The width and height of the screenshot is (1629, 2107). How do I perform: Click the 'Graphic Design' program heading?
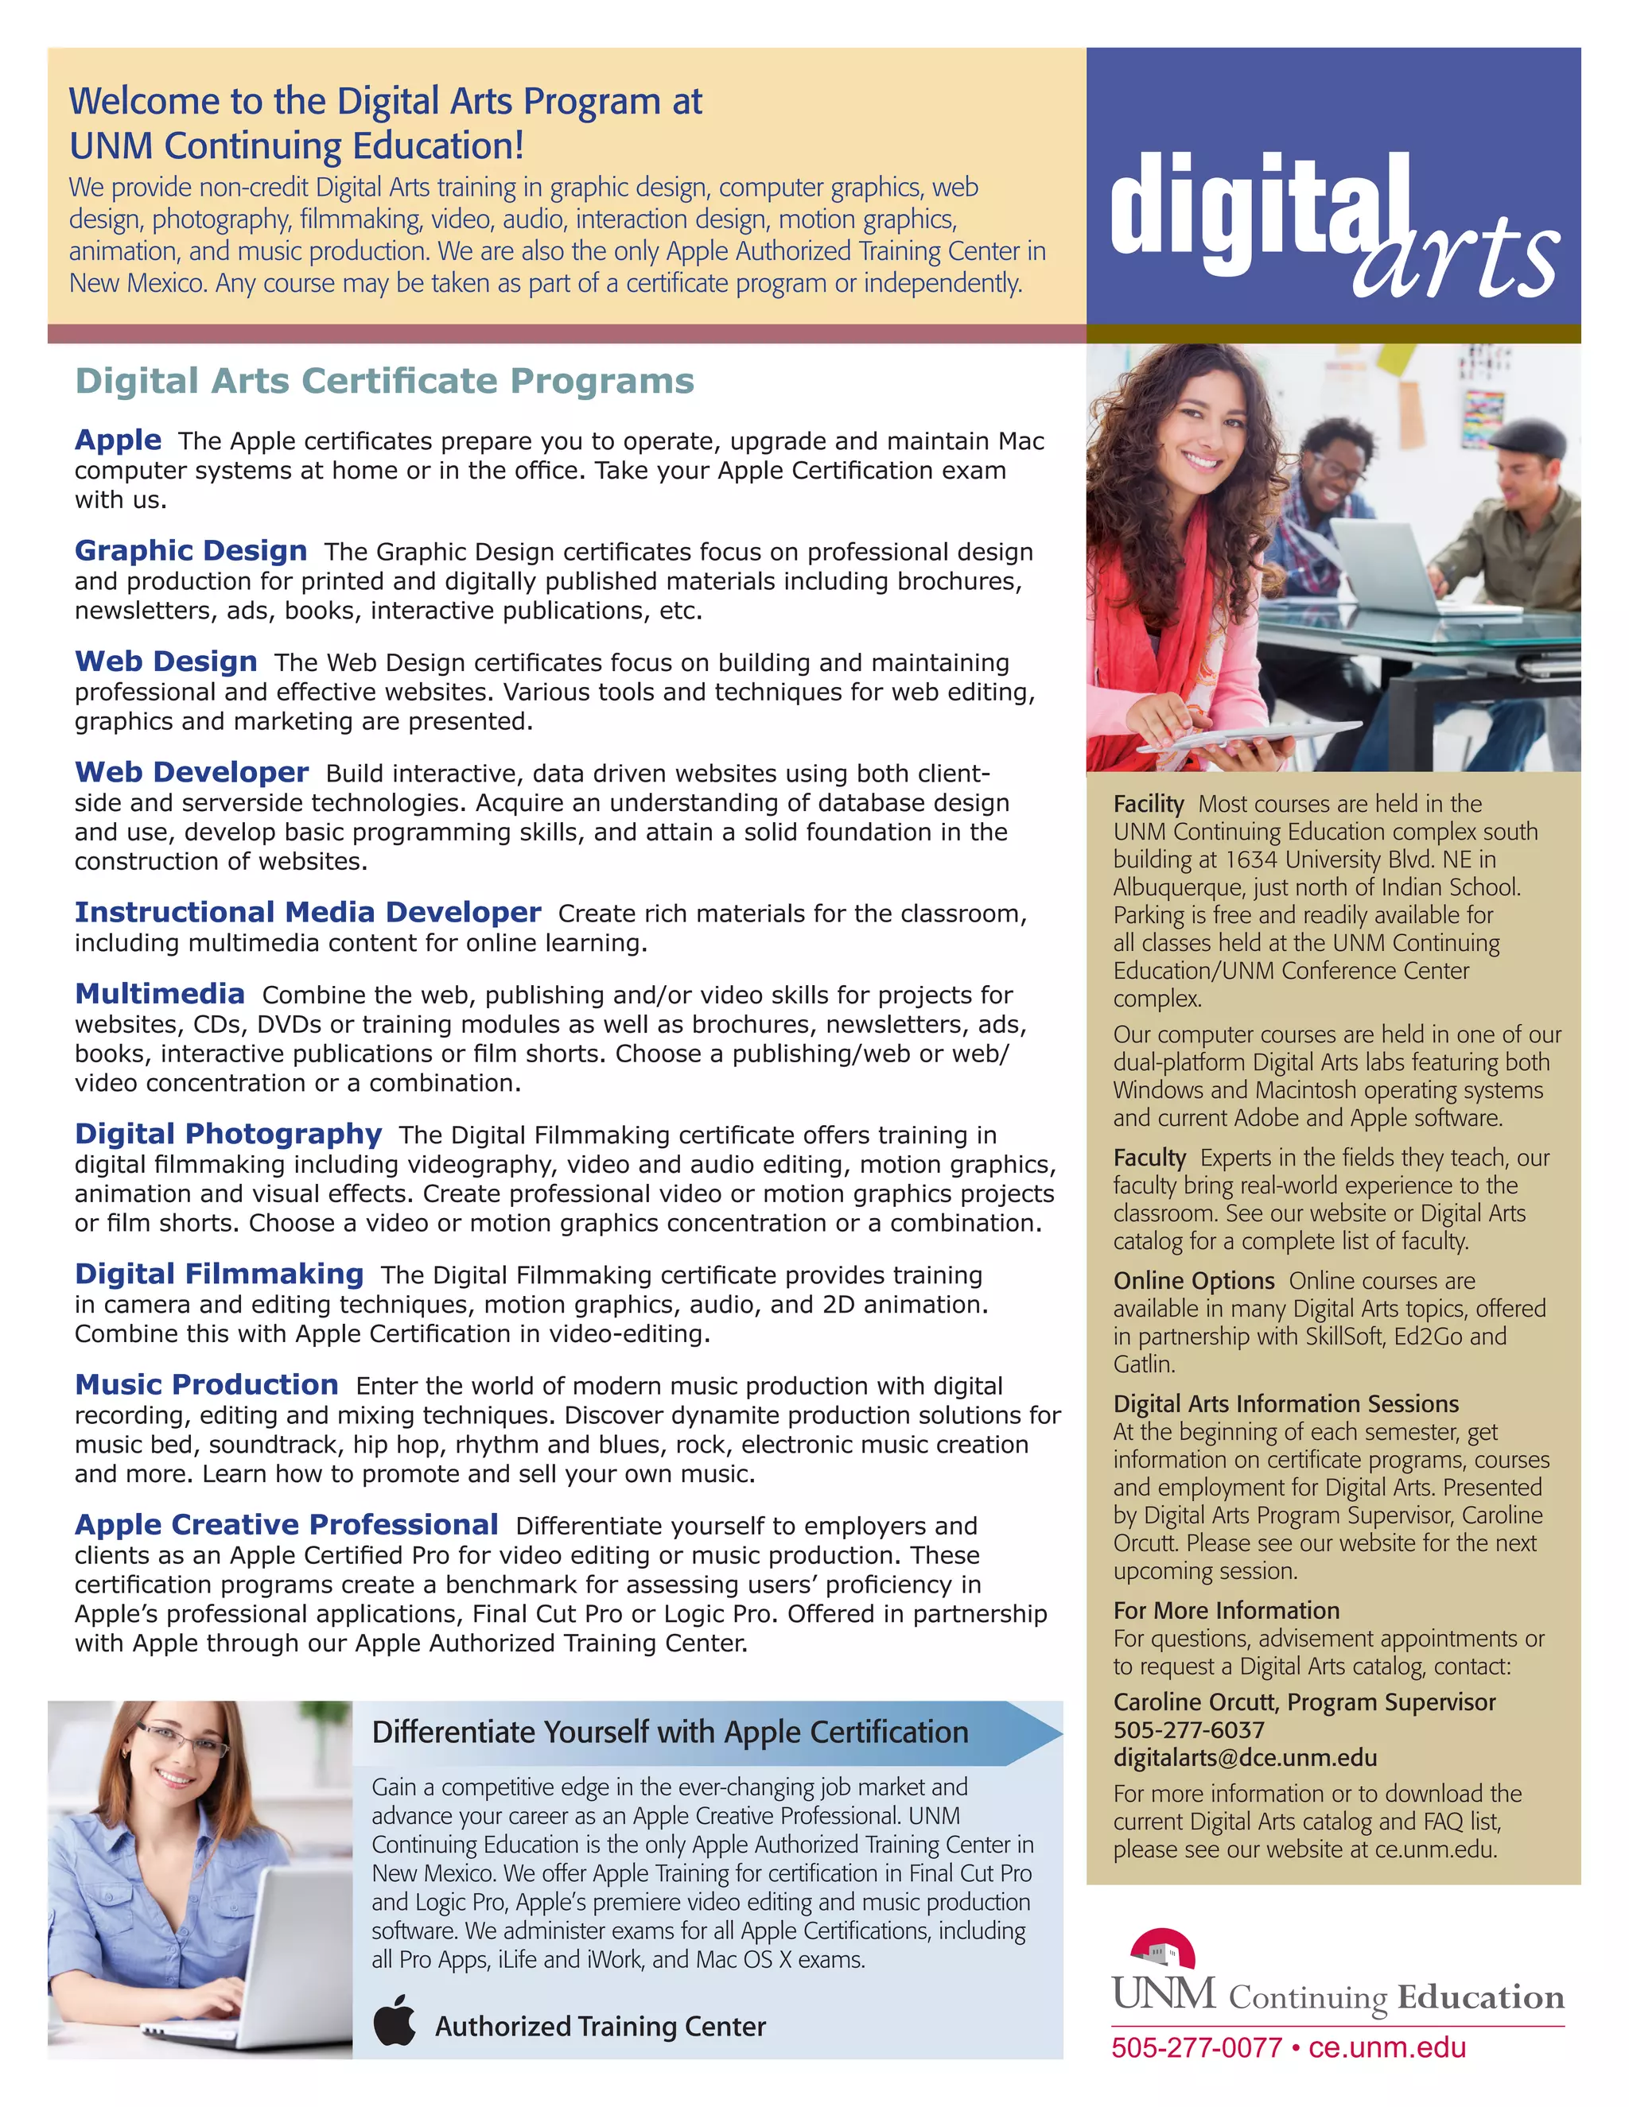(191, 551)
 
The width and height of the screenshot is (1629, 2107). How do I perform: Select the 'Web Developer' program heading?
(192, 773)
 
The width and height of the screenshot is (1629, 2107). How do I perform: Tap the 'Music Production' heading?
(207, 1385)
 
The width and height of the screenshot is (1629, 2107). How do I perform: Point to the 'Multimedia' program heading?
(160, 995)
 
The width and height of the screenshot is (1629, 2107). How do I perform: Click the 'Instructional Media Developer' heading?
(308, 913)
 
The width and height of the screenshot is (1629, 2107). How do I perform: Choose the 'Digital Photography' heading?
(229, 1135)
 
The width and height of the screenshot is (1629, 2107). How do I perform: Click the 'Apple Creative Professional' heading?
(286, 1525)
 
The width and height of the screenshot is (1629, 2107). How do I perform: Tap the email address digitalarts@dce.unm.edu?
(1245, 1758)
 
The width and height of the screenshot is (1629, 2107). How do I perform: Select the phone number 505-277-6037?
(1188, 1730)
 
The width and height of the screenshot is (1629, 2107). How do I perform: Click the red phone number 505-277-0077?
(1196, 2047)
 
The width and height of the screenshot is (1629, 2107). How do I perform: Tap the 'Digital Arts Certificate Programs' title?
(384, 381)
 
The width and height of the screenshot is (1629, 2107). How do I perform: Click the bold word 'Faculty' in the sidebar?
(1149, 1158)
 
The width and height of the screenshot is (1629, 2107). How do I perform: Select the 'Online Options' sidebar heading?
(1194, 1281)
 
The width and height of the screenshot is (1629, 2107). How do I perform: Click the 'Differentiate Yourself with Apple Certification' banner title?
(670, 1733)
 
